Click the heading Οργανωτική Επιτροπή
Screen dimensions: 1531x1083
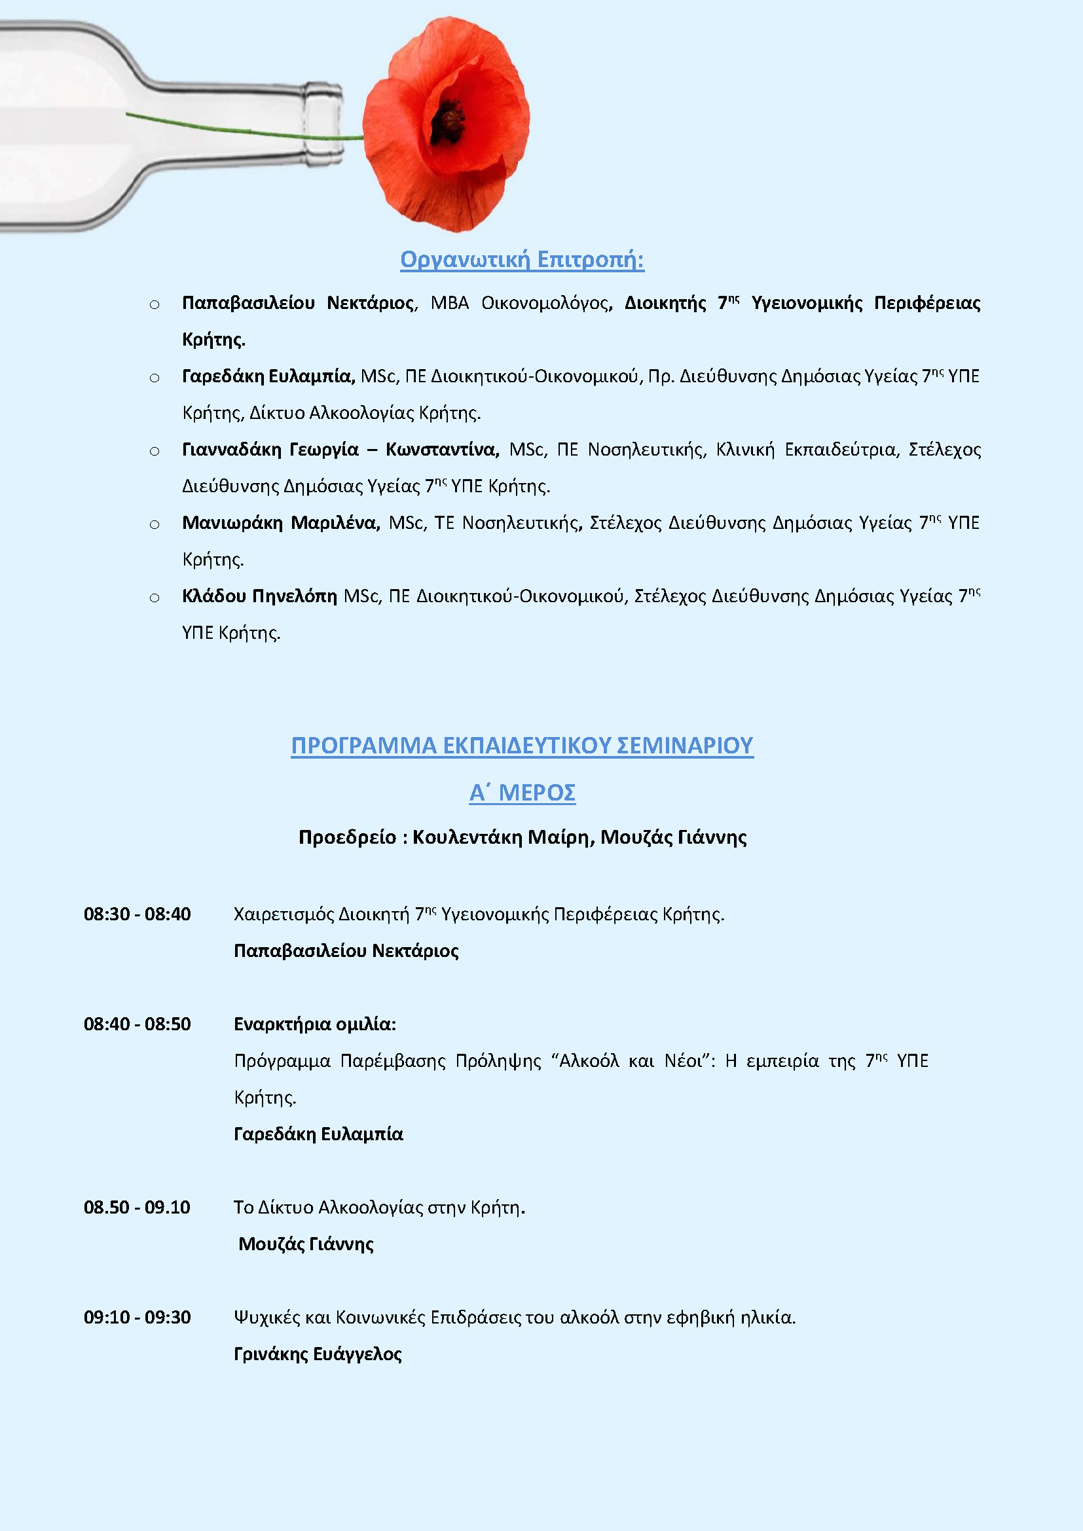(522, 259)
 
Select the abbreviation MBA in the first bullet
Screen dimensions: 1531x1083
(449, 304)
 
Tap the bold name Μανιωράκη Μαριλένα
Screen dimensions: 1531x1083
(281, 523)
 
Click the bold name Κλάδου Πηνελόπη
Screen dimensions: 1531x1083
(259, 596)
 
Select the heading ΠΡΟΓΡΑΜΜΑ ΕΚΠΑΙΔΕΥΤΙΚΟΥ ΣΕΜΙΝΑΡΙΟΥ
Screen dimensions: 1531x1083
(522, 745)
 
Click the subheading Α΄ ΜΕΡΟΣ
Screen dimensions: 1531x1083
(522, 793)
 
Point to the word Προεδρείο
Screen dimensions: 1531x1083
(347, 838)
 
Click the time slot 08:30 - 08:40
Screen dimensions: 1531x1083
(138, 914)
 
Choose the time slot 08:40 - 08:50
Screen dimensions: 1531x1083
(138, 1024)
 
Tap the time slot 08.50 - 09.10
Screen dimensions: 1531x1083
(138, 1208)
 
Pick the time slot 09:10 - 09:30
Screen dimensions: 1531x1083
(138, 1318)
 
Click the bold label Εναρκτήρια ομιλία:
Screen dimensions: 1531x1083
(315, 1024)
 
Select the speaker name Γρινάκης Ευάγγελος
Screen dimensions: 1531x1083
(318, 1354)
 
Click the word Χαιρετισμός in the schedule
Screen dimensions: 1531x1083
(284, 914)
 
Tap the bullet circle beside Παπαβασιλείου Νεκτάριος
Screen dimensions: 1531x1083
(155, 305)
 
